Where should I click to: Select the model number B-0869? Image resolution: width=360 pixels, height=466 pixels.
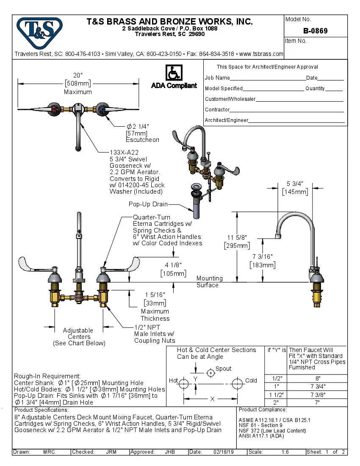point(315,31)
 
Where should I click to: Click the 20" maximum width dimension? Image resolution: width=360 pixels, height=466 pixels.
point(78,75)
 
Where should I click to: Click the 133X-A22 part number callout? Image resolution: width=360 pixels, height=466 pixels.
point(124,153)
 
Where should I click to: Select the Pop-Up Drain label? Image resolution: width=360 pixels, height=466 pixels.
point(148,204)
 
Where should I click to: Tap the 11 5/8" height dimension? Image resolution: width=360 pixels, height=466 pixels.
point(237,237)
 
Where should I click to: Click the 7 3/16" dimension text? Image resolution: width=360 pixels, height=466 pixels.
point(263,257)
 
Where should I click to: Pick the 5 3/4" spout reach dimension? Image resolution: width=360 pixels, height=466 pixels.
point(295,184)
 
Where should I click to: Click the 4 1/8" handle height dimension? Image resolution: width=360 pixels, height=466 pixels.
point(173,265)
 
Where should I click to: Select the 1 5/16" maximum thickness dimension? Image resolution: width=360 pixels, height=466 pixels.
point(155,294)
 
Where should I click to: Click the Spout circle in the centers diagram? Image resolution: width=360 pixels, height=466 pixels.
point(210,373)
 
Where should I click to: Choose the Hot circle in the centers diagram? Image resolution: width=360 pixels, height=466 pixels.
point(184,384)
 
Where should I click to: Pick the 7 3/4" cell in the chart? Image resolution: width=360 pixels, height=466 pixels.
point(318,386)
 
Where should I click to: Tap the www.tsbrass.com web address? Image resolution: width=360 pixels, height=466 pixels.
point(261,54)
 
